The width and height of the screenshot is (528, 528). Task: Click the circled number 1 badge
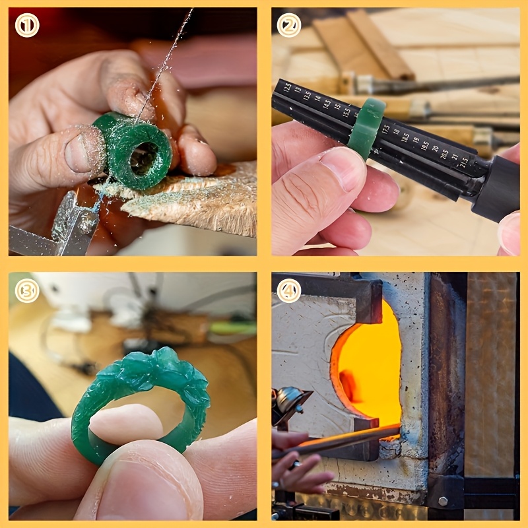point(27,25)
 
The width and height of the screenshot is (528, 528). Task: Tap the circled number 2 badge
point(289,25)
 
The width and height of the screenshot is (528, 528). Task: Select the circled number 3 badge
point(27,290)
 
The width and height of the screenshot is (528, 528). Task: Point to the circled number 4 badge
point(289,290)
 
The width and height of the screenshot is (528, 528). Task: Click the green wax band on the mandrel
point(366,128)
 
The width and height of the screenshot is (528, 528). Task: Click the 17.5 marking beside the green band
point(386,129)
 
